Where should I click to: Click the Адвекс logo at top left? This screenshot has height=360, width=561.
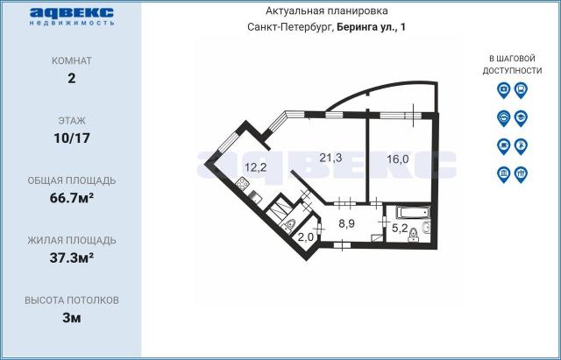click(x=72, y=16)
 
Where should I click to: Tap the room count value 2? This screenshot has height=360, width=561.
click(x=72, y=78)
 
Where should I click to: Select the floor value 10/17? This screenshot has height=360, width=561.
click(x=72, y=138)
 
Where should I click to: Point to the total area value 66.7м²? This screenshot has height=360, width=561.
click(x=72, y=198)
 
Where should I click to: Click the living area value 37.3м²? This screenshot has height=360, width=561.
click(x=72, y=258)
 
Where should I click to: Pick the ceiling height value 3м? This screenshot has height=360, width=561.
click(x=72, y=317)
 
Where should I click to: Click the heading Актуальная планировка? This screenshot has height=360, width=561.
click(x=326, y=11)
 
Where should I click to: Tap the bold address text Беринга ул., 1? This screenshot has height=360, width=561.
click(x=372, y=27)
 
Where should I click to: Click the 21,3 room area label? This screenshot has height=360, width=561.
click(x=330, y=158)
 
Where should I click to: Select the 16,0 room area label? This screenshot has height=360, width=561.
click(x=397, y=159)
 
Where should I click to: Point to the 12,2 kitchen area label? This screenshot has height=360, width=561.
click(x=255, y=166)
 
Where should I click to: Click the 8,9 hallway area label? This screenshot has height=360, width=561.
click(x=346, y=224)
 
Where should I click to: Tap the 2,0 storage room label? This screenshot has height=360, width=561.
click(x=306, y=236)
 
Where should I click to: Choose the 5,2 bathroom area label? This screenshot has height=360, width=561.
click(x=400, y=228)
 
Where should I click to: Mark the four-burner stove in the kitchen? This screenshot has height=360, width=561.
click(x=243, y=185)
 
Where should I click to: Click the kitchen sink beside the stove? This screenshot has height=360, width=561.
click(x=253, y=197)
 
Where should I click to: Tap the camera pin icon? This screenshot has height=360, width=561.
click(x=503, y=90)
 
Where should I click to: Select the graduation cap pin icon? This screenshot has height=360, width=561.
click(x=521, y=118)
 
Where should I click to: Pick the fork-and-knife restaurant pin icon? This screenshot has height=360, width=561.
click(x=521, y=174)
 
